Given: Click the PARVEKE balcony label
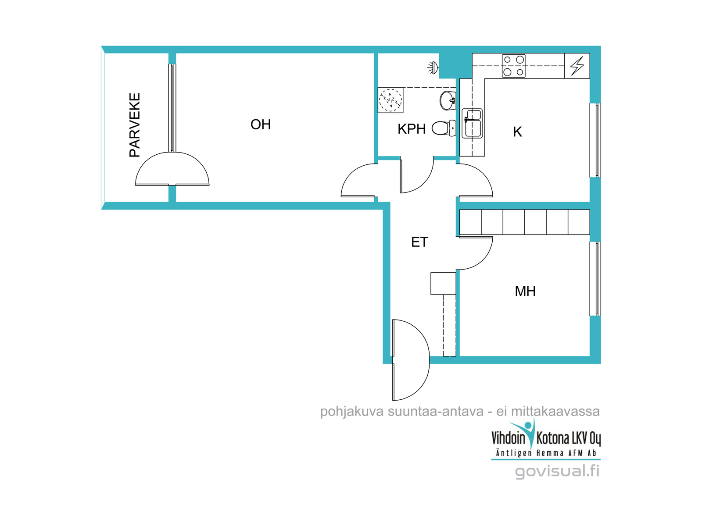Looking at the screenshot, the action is pyautogui.click(x=134, y=125).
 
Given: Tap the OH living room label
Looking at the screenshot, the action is pyautogui.click(x=261, y=124).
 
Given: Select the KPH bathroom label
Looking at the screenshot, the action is pyautogui.click(x=411, y=129).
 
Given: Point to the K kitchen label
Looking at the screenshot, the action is pyautogui.click(x=517, y=132).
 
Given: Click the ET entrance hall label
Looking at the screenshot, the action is pyautogui.click(x=419, y=242).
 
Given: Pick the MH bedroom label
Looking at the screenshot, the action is pyautogui.click(x=525, y=291).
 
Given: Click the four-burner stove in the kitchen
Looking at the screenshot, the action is pyautogui.click(x=513, y=66).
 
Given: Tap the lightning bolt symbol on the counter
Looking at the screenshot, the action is pyautogui.click(x=577, y=66).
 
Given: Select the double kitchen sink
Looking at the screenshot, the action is pyautogui.click(x=472, y=123).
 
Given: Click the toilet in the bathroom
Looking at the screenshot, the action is pyautogui.click(x=444, y=128).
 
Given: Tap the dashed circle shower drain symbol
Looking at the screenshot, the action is pyautogui.click(x=390, y=100).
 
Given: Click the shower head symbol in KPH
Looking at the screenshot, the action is pyautogui.click(x=433, y=68).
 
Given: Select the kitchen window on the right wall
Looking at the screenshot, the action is pyautogui.click(x=595, y=140).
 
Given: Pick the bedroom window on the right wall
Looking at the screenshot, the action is pyautogui.click(x=595, y=279).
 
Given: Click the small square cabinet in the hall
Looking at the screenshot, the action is pyautogui.click(x=443, y=284).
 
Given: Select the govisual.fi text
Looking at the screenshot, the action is pyautogui.click(x=557, y=472).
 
